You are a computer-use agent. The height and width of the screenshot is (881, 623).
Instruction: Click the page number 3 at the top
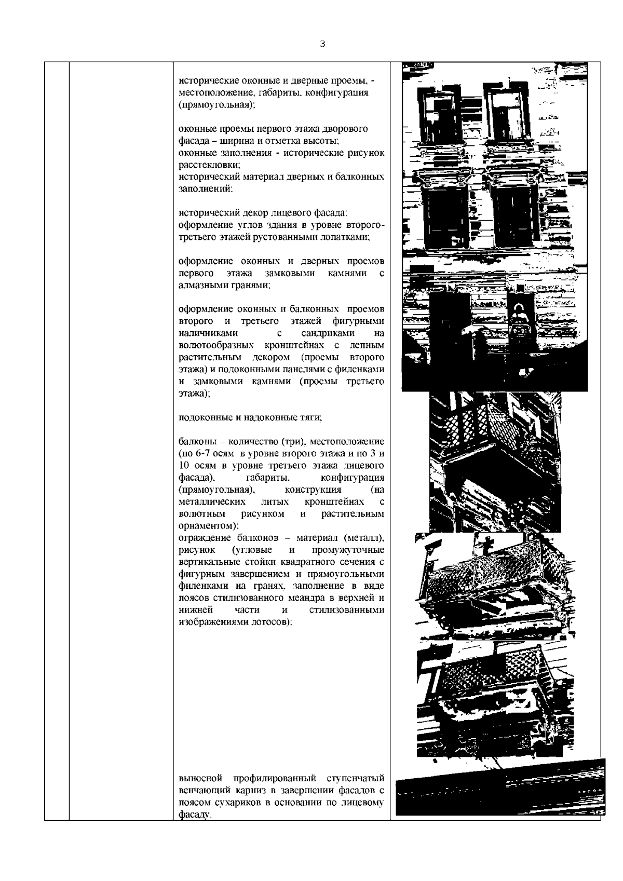click(x=322, y=44)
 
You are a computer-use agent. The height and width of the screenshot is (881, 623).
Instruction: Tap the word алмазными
click(x=198, y=286)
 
